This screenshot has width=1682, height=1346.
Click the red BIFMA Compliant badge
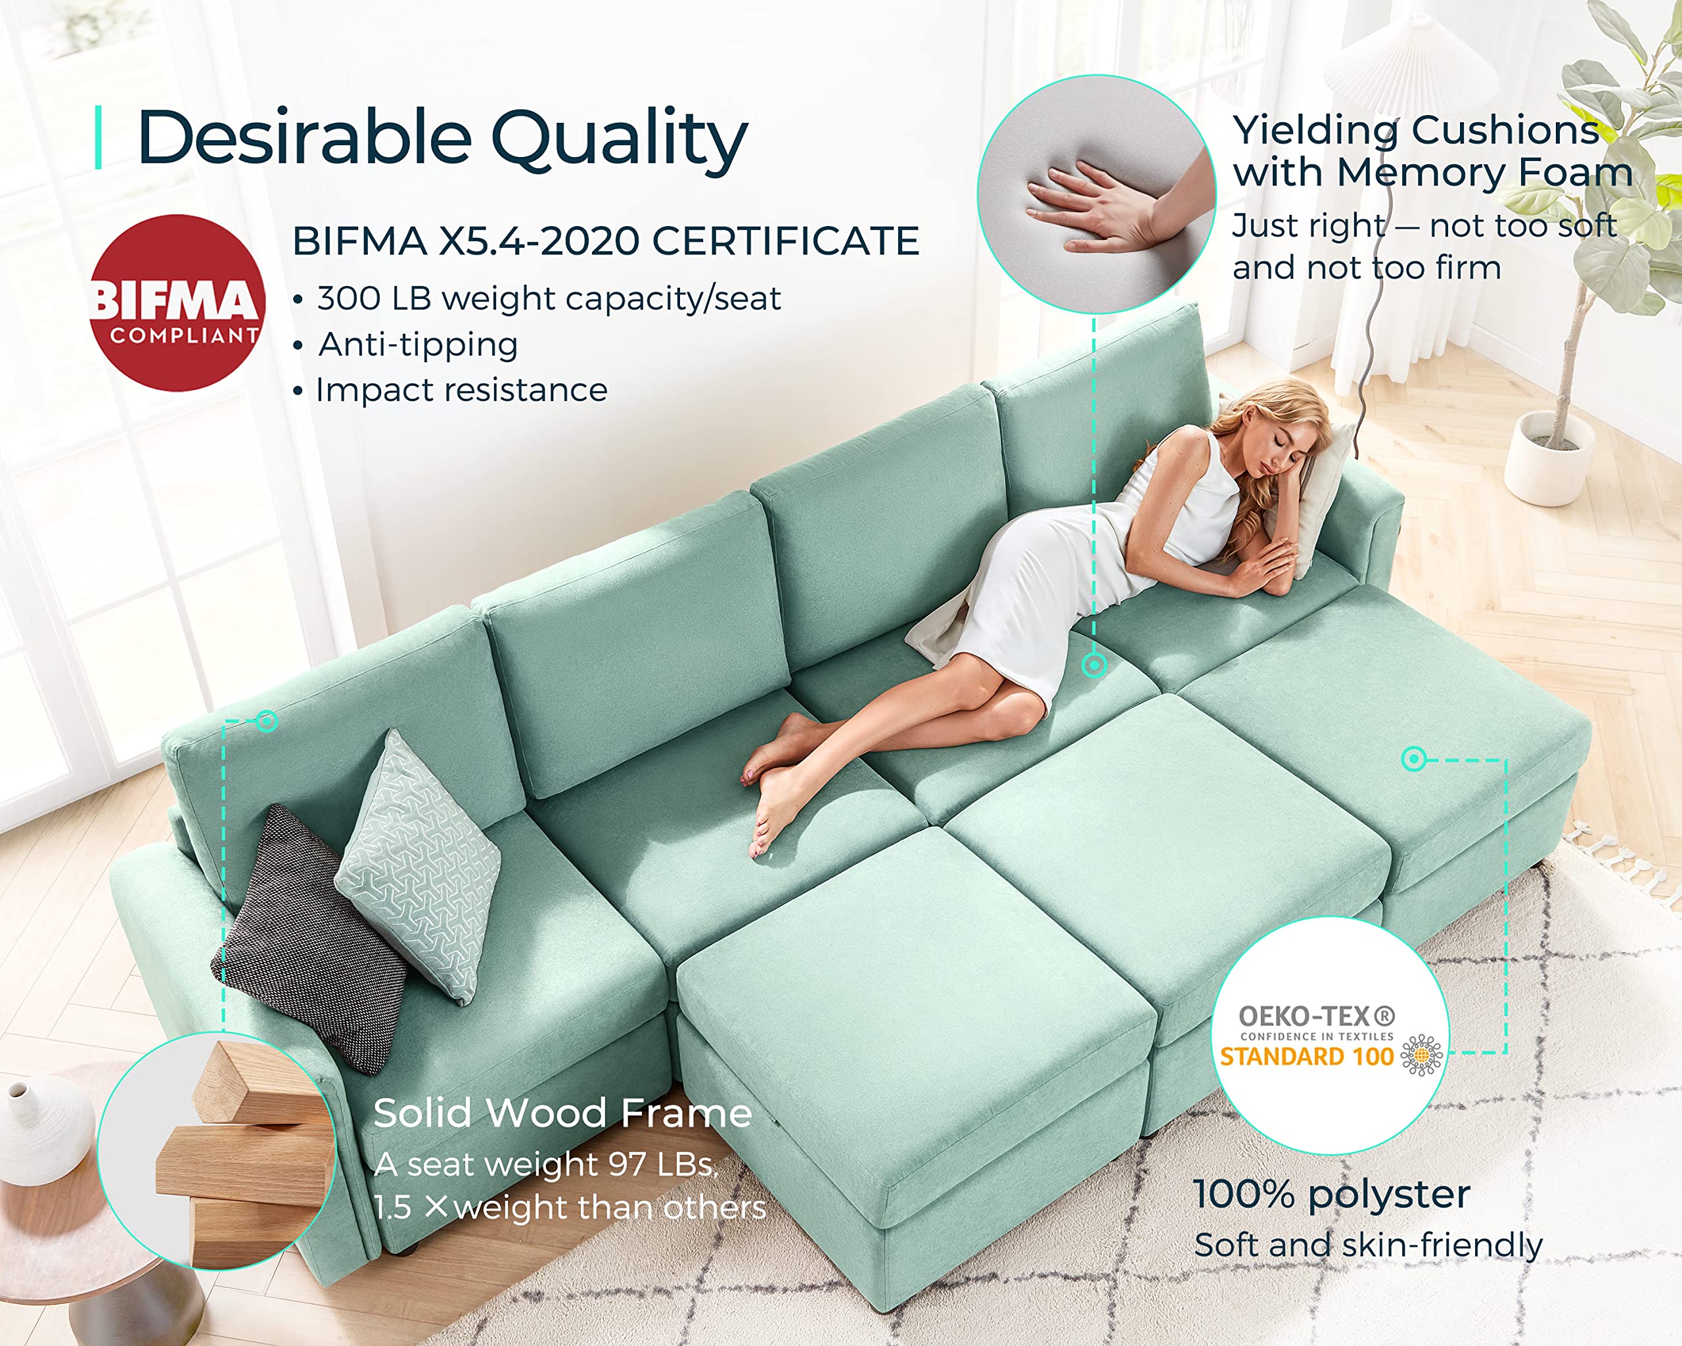178,303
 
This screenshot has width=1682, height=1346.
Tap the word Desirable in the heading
304,138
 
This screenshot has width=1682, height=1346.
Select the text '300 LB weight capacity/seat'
549,299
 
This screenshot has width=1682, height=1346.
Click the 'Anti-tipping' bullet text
418,345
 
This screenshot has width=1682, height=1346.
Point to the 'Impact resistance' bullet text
461,390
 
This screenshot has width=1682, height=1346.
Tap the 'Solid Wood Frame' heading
562,1113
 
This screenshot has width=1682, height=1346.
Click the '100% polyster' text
1332,1195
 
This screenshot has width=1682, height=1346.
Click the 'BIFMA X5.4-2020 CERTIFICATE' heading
605,241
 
